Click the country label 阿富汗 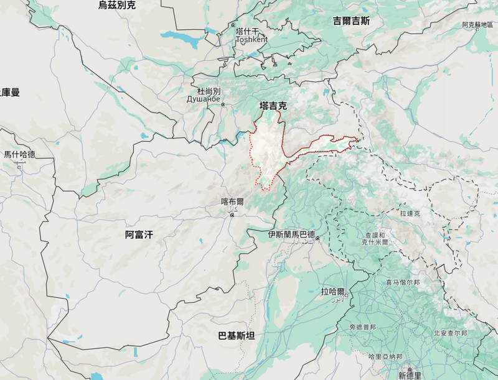point(139,234)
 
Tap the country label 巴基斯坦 point(236,336)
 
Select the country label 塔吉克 point(273,106)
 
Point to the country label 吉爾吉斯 point(351,21)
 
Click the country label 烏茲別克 point(116,6)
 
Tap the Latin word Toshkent point(251,39)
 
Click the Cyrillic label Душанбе point(205,99)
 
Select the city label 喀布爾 point(232,202)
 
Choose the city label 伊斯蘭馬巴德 point(291,234)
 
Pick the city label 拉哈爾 point(333,290)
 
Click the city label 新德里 point(410,376)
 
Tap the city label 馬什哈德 point(19,154)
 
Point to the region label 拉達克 point(410,213)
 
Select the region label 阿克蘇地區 point(477,25)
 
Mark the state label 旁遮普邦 point(362,327)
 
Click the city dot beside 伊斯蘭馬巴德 point(317,239)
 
